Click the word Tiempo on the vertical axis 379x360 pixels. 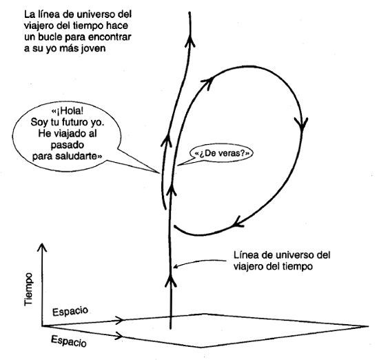[x=28, y=289]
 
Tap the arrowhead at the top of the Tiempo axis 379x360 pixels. [x=42, y=247]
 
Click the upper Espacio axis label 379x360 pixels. [x=70, y=311]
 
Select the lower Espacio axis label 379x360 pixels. [x=69, y=341]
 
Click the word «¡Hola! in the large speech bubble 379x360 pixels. [x=68, y=111]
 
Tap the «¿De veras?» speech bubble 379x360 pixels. [x=221, y=153]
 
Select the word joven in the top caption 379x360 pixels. [x=93, y=48]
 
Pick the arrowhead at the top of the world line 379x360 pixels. [x=190, y=41]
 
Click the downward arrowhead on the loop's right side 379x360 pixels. [x=301, y=124]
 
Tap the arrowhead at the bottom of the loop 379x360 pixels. [x=239, y=222]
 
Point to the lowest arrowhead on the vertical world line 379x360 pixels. [x=171, y=281]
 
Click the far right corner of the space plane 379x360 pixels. [x=368, y=326]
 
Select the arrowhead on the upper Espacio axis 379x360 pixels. [x=119, y=320]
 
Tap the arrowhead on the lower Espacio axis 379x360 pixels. [x=119, y=336]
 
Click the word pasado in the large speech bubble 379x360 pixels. [x=68, y=145]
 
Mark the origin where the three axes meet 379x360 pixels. [x=42, y=326]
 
